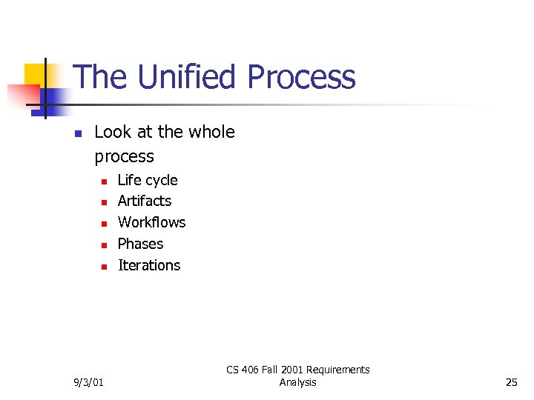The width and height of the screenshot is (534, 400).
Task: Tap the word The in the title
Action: click(x=100, y=78)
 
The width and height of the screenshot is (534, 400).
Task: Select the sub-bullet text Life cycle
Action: click(x=148, y=180)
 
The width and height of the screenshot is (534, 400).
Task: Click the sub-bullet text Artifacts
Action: click(x=145, y=201)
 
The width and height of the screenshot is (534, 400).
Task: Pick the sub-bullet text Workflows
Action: click(x=151, y=222)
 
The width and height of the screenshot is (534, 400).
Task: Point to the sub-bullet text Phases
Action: click(x=140, y=244)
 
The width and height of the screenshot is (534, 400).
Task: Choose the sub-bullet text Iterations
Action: click(x=149, y=265)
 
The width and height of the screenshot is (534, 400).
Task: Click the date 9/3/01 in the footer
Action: click(x=90, y=382)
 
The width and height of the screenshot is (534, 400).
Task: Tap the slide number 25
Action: click(x=511, y=382)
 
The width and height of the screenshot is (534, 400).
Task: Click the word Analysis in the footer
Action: click(x=298, y=382)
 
